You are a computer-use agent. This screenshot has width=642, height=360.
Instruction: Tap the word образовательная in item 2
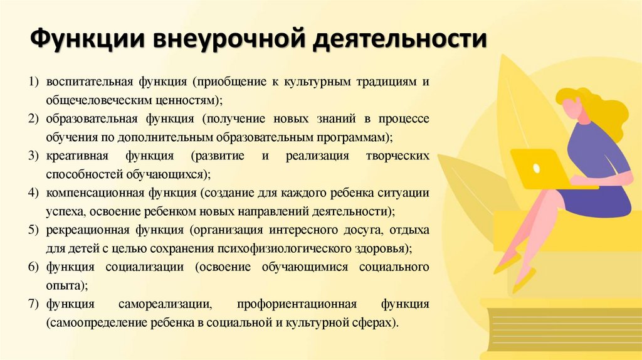(x=86, y=119)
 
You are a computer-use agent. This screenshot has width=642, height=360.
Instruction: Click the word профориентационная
(x=297, y=304)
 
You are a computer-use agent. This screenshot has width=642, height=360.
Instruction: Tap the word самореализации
(x=165, y=304)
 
